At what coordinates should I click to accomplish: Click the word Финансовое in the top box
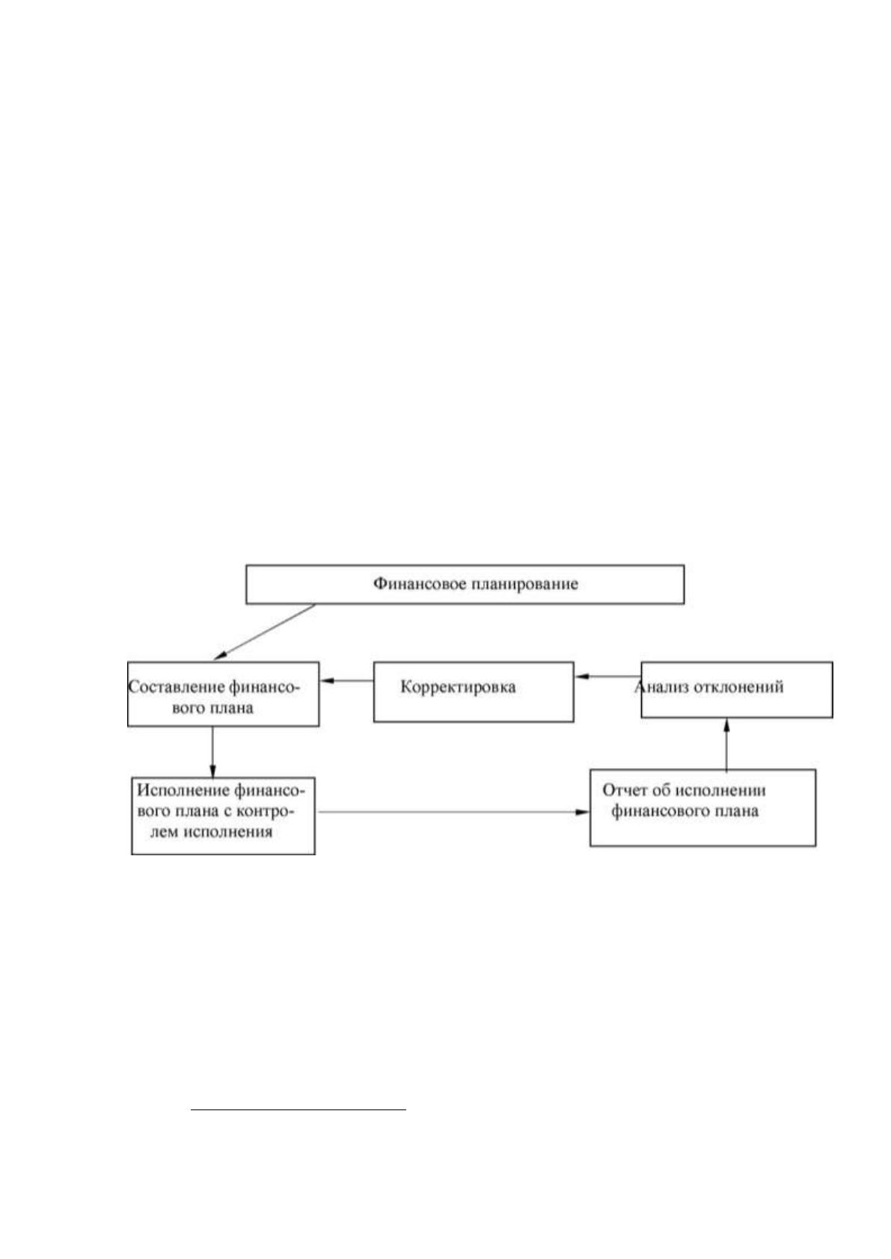[420, 584]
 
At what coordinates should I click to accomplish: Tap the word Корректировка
[458, 687]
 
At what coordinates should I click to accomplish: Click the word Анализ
[661, 686]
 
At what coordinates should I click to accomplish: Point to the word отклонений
[738, 686]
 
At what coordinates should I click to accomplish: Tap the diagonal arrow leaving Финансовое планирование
[264, 632]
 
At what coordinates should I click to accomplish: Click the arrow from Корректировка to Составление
[347, 680]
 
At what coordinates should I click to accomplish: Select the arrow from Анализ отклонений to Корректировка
[608, 676]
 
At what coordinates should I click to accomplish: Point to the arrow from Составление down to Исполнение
[212, 752]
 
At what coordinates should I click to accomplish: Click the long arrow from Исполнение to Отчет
[453, 812]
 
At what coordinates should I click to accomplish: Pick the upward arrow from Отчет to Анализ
[726, 744]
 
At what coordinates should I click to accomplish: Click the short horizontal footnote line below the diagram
[298, 1110]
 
